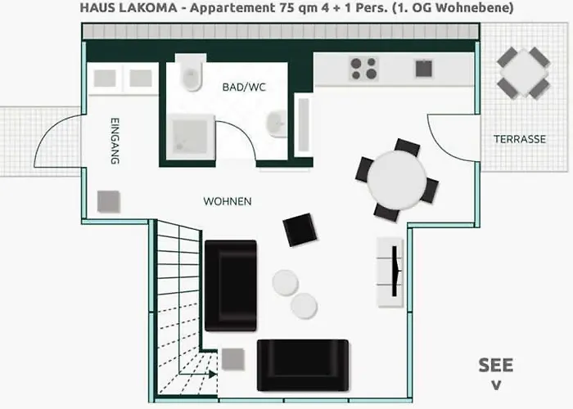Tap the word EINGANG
click(115, 143)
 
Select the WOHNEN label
click(228, 201)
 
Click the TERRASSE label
click(519, 139)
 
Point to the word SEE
click(495, 365)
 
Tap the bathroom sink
click(276, 123)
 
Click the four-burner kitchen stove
click(363, 66)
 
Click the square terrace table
click(524, 72)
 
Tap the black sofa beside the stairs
click(230, 285)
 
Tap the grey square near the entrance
click(108, 201)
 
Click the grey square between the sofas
click(234, 358)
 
